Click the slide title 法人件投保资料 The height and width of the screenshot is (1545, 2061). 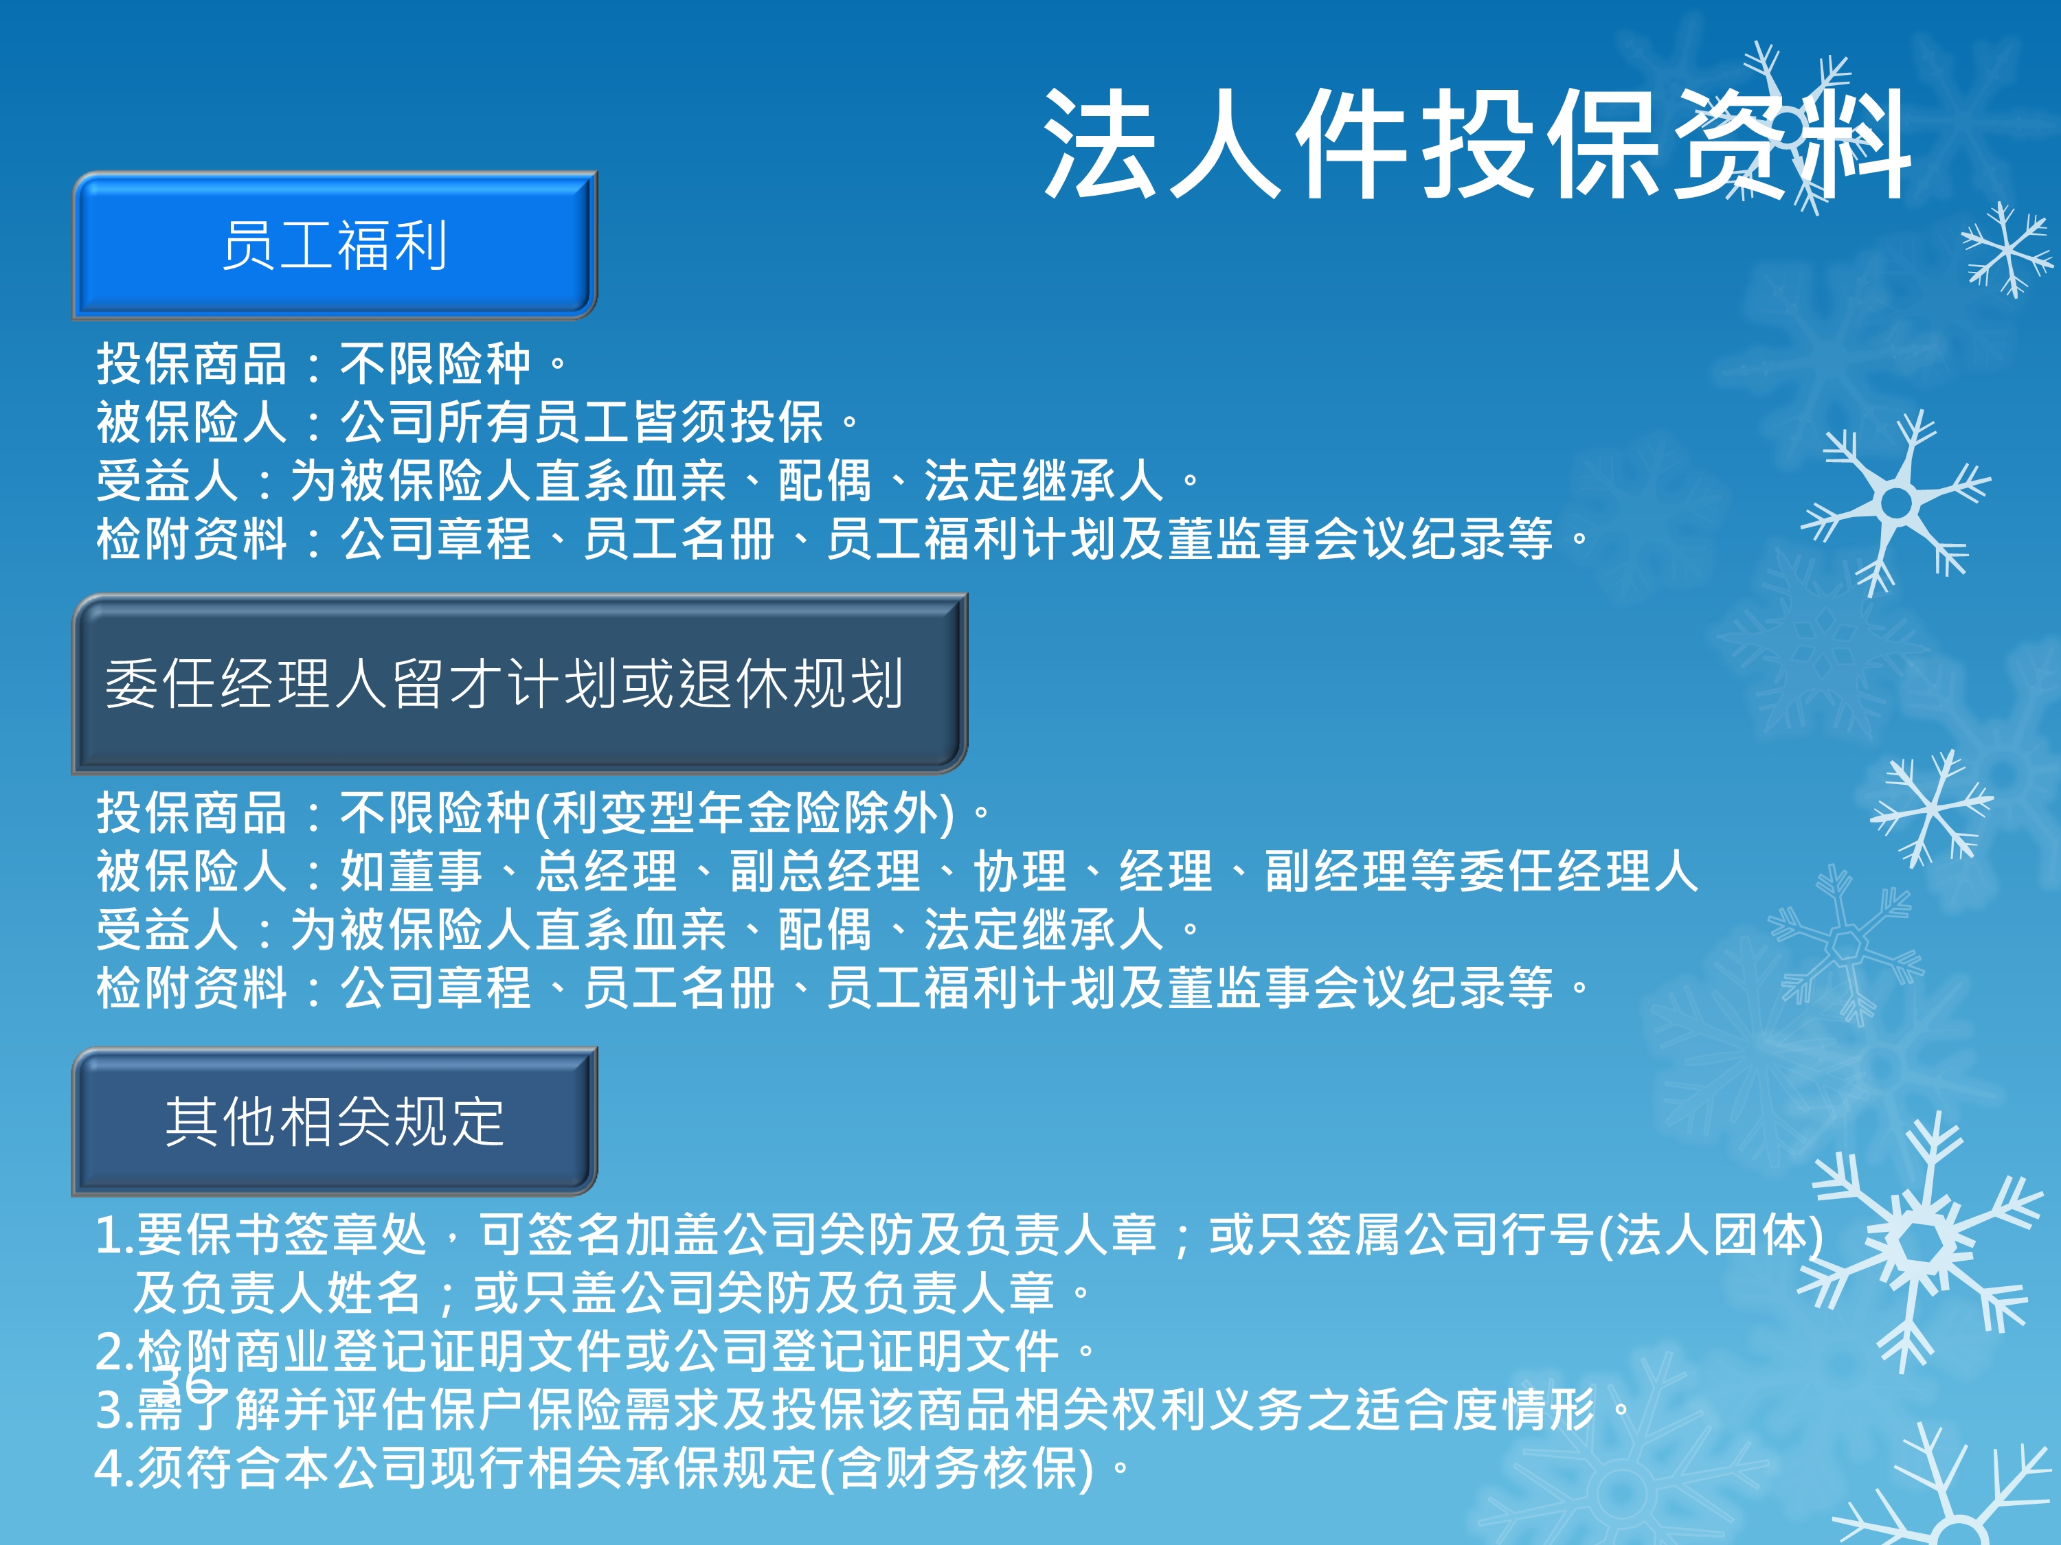coord(1477,144)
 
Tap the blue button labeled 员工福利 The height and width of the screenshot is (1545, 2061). coord(335,245)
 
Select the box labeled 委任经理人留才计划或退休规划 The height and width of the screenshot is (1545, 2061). coord(520,683)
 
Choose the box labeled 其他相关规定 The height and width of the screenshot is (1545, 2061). coord(335,1121)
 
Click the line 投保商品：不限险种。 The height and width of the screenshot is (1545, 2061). coord(333,363)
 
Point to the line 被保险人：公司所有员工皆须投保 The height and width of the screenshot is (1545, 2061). coord(460,422)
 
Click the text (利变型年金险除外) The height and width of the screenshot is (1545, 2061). coord(745,812)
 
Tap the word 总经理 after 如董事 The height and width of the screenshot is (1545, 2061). coord(607,871)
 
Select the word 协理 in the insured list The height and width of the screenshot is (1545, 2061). coord(1020,871)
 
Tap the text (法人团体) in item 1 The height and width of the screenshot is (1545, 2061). coord(1711,1235)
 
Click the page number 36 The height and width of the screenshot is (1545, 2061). coord(186,1384)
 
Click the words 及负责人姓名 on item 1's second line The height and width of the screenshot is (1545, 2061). coord(278,1292)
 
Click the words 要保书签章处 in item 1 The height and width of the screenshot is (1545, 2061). coord(282,1235)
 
